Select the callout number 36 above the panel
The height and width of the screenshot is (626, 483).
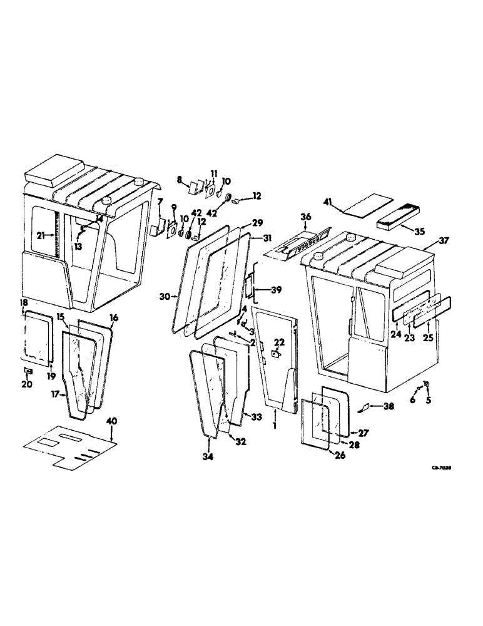305,217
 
